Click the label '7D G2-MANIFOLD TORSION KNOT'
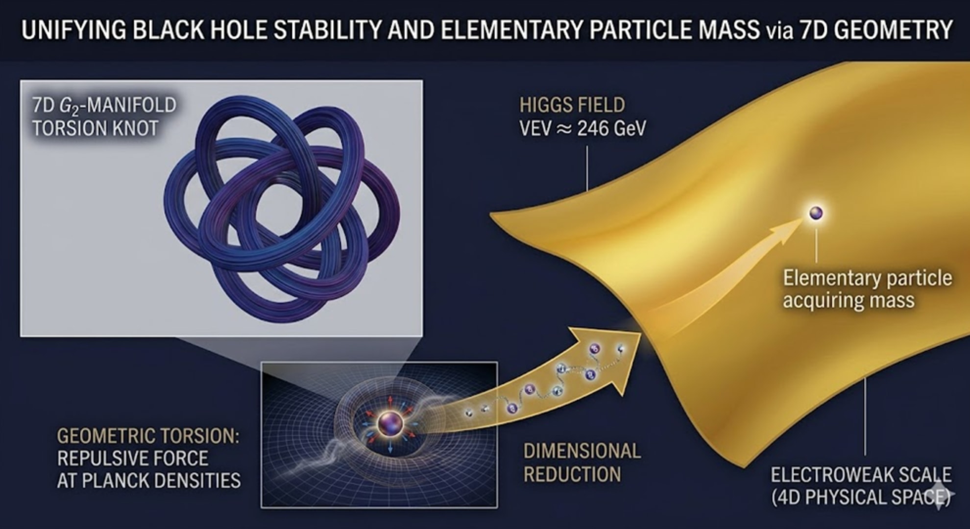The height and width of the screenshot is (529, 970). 104,117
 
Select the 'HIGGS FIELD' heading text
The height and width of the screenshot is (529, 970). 572,105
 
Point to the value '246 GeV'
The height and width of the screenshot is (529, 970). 612,129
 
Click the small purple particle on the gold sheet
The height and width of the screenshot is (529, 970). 816,213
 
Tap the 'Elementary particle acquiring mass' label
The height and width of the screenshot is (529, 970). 867,289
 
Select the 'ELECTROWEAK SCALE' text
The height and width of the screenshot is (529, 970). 861,475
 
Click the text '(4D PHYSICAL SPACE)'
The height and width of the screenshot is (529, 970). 861,497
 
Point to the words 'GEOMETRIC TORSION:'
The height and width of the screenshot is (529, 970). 148,436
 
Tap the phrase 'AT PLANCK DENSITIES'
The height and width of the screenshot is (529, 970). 149,481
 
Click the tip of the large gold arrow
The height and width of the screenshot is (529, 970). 641,334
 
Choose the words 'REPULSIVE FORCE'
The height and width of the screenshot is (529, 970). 133,458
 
